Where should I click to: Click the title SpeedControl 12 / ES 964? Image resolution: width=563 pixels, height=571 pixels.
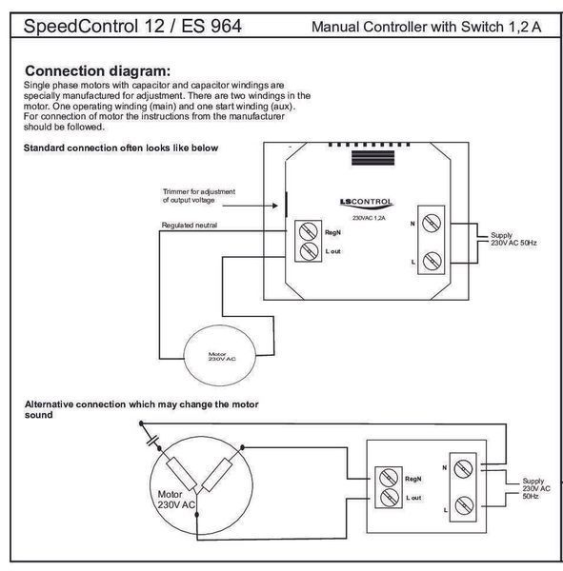click(132, 27)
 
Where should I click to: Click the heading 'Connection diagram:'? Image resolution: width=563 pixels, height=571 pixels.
click(98, 71)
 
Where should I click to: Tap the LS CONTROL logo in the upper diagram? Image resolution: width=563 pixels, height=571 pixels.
click(366, 204)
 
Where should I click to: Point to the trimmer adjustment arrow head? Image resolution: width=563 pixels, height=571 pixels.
click(275, 206)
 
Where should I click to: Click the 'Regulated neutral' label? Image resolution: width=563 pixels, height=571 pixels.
click(190, 225)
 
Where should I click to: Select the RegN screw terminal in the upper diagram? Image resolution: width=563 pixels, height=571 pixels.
click(308, 231)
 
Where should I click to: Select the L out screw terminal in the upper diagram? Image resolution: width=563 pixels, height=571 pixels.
click(309, 250)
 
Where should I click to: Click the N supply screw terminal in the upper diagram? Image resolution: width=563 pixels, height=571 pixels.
click(432, 223)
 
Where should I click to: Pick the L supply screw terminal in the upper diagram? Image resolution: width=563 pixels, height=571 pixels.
click(432, 261)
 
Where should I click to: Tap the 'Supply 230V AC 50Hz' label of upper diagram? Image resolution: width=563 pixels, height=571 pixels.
click(513, 239)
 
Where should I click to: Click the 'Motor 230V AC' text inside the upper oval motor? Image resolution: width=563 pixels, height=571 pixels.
click(222, 357)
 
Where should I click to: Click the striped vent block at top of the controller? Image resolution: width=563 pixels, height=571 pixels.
click(372, 158)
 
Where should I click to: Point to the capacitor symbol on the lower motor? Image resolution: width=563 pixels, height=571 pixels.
click(152, 441)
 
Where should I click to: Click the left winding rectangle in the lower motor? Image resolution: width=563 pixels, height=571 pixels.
click(181, 474)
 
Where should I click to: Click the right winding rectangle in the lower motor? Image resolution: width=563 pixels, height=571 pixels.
click(217, 475)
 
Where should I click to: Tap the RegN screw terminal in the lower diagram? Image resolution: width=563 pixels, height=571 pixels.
click(389, 478)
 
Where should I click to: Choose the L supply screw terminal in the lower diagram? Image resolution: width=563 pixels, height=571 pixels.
click(464, 506)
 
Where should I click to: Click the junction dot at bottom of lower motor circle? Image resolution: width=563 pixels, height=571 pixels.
click(197, 515)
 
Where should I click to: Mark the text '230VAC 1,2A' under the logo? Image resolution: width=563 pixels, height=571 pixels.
click(369, 218)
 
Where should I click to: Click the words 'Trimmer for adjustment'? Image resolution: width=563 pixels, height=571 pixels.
click(199, 191)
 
